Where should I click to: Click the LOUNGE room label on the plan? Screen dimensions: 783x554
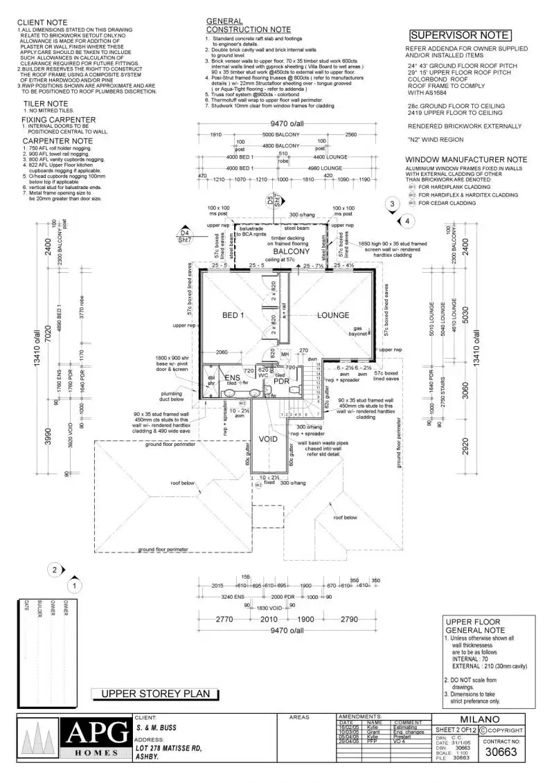tap(333, 316)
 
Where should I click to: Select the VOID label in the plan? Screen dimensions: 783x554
tap(269, 439)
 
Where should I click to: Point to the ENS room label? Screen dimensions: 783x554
tap(232, 377)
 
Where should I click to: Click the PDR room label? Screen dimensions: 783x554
tap(280, 381)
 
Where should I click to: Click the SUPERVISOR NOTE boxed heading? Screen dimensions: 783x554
tap(460, 35)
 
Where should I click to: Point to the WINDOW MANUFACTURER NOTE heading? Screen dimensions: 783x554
tap(465, 159)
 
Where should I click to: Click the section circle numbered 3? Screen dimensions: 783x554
tap(392, 204)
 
